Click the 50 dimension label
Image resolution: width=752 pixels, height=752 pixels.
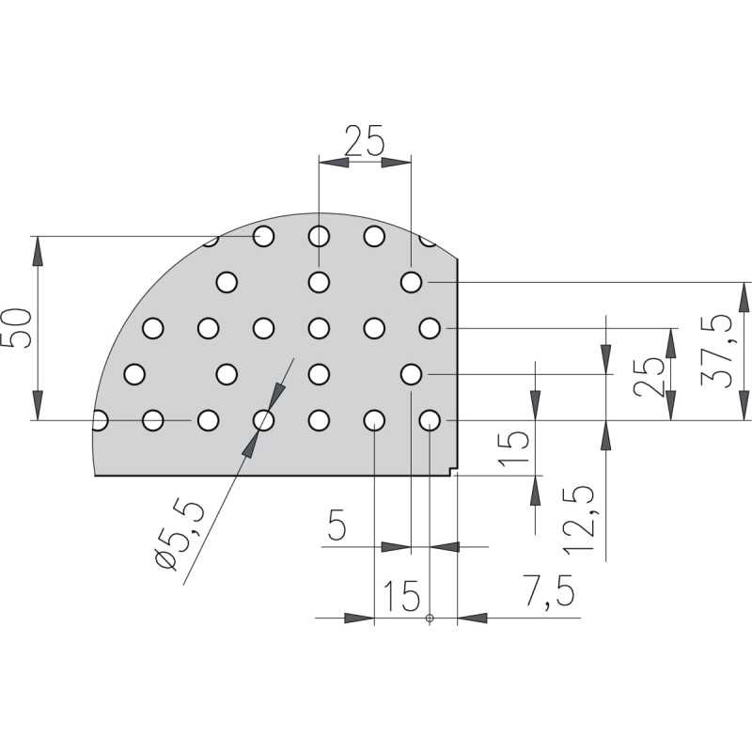click(17, 328)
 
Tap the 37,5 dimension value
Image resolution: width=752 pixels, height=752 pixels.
click(715, 351)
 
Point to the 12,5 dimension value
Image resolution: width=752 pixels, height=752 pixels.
click(579, 520)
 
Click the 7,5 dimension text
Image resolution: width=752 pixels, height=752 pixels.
click(548, 591)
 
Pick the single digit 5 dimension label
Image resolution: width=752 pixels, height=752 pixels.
click(337, 525)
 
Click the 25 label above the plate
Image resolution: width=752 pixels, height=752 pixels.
click(365, 140)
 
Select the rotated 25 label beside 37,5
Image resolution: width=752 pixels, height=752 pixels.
click(649, 376)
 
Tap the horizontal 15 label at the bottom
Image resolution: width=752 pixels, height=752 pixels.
click(403, 596)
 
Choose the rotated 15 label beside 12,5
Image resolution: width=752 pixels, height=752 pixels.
click(514, 449)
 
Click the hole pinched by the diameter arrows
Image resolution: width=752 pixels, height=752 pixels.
click(263, 420)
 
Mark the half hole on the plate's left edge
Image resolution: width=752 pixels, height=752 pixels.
click(100, 420)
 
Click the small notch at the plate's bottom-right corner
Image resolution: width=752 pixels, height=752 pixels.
click(453, 472)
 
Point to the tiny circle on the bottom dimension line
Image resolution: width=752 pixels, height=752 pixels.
click(430, 618)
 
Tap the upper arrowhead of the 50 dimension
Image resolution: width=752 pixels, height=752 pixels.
click(38, 251)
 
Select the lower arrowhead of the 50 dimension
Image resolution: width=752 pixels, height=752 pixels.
click(38, 405)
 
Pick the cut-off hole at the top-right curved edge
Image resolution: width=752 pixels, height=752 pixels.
click(428, 242)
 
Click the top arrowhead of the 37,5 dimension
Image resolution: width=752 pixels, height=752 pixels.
click(744, 297)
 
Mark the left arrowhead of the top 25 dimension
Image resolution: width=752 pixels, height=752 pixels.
click(334, 163)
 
